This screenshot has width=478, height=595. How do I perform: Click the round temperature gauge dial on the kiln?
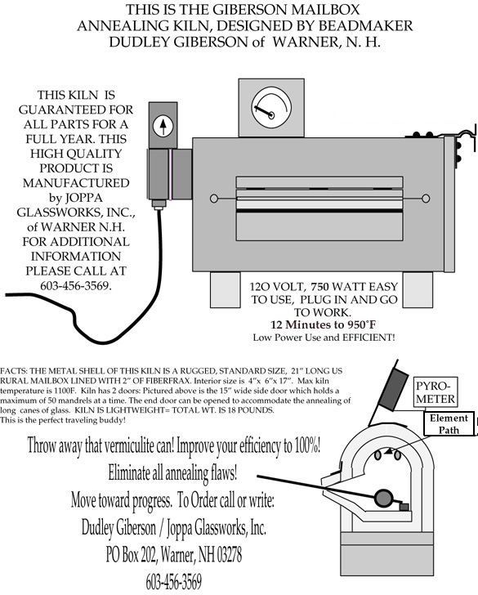coord(271,107)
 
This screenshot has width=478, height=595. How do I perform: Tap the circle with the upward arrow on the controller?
coord(163,127)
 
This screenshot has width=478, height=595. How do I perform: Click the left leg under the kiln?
coord(226,289)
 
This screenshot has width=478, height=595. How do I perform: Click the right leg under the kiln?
coord(418,289)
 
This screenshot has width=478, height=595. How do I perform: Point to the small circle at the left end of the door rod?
coord(214,199)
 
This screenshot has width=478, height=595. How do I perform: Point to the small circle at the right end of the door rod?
coord(426,199)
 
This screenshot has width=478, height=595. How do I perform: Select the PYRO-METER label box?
coord(436,392)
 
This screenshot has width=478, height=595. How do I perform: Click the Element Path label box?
coord(449,424)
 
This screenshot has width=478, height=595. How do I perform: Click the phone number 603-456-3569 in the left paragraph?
coord(76,285)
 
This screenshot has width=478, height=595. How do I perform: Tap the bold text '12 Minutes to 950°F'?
coord(324,324)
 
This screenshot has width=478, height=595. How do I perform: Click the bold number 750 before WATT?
coord(320,287)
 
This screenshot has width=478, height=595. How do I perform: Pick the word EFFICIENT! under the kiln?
coord(369,338)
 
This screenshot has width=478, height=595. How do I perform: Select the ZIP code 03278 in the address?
coord(230,554)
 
